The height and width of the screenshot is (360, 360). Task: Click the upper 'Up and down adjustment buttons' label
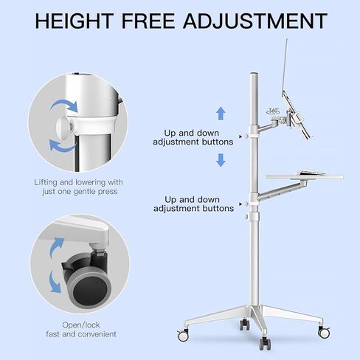coord(193,136)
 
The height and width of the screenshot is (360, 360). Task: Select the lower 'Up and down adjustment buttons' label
coord(193,204)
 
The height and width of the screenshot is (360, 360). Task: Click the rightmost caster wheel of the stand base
coord(323,333)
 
